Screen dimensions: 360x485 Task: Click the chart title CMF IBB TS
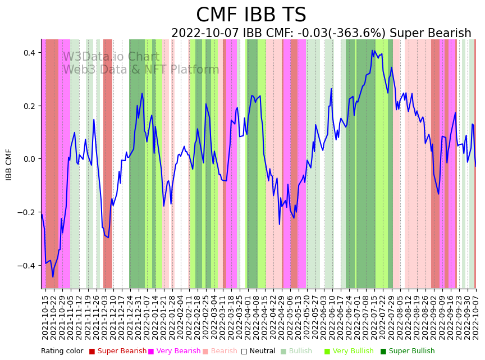pos(251,15)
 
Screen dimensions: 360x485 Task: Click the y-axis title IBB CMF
pos(9,165)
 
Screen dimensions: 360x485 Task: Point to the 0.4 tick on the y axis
pos(28,53)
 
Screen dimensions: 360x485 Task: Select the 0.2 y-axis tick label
pos(28,106)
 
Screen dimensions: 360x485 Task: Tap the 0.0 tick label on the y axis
pos(28,159)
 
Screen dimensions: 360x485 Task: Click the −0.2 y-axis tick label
pos(25,212)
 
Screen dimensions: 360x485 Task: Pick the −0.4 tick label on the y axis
pos(25,266)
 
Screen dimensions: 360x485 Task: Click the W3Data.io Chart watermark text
pos(111,57)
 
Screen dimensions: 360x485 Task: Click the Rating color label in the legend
pos(62,351)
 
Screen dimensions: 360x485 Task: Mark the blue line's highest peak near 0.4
pos(372,51)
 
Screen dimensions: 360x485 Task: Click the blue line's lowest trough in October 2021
pos(53,277)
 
